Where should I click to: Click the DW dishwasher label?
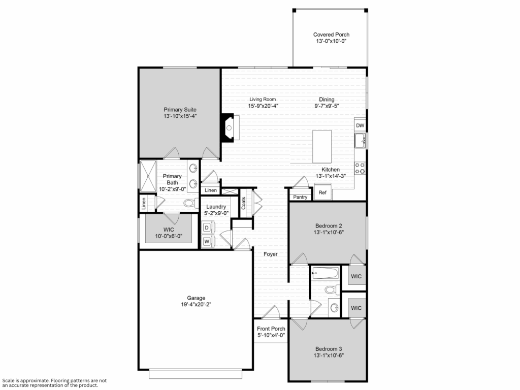tap(360, 125)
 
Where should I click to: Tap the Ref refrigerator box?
tap(322, 192)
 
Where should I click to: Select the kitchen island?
tap(321, 146)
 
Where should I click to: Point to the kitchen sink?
tap(360, 140)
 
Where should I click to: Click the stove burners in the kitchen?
tap(360, 168)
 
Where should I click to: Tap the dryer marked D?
tap(207, 227)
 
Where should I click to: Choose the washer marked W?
tap(207, 241)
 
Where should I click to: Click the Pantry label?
tap(300, 197)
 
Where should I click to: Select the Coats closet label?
tap(243, 203)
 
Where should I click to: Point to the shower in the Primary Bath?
tap(148, 176)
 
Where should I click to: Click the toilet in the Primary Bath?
tap(190, 203)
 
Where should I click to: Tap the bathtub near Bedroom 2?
tap(326, 273)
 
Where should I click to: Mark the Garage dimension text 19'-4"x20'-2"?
tap(196, 305)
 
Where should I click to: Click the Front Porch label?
tap(271, 329)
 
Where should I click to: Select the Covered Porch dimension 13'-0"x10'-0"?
tap(331, 41)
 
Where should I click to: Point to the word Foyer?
tap(271, 254)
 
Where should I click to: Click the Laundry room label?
tap(216, 207)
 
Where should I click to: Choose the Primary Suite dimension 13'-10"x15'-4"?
tap(180, 116)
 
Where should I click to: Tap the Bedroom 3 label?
tap(329, 349)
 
